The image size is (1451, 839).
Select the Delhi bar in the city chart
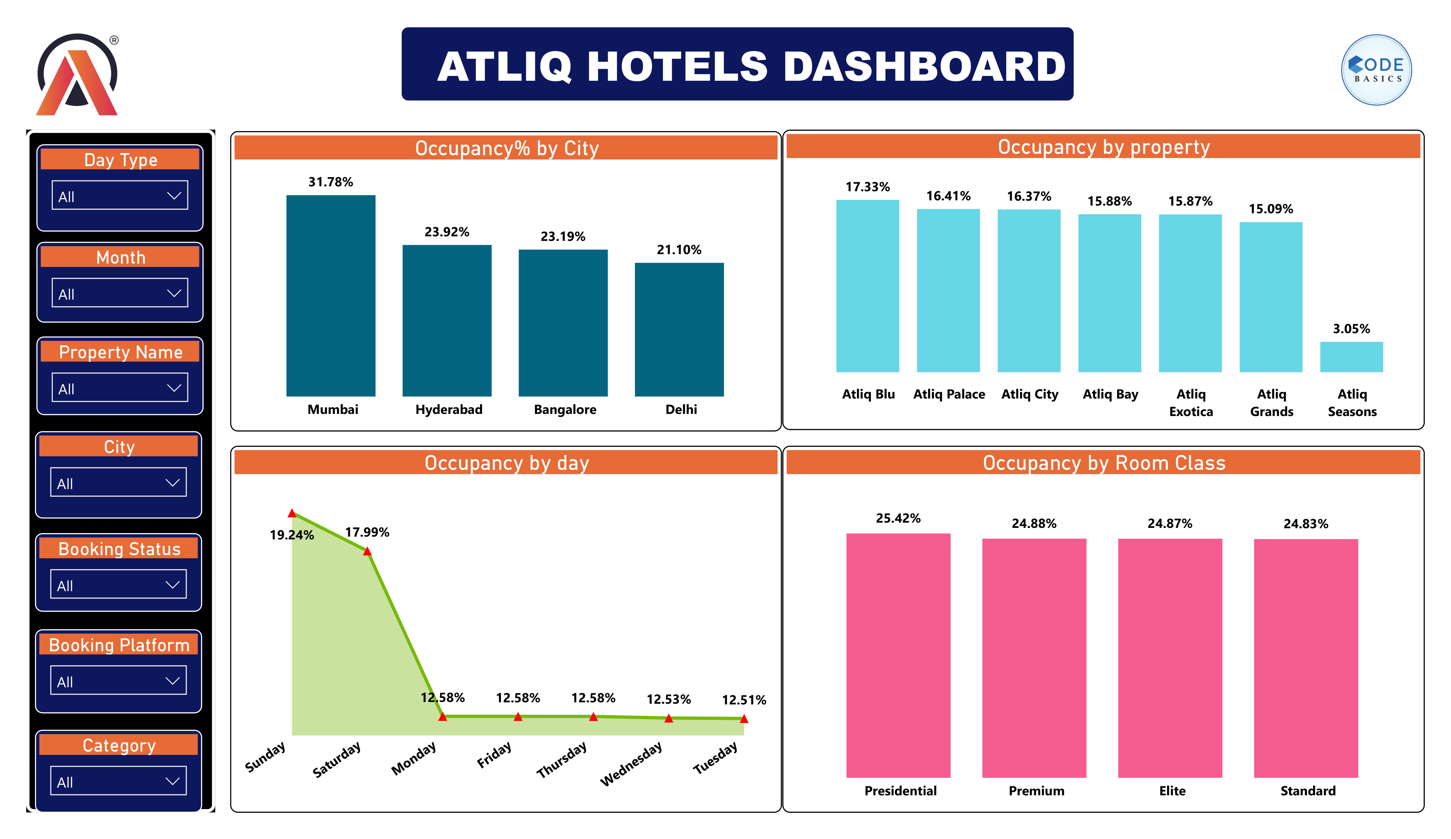679,329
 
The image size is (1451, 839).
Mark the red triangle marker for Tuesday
744,719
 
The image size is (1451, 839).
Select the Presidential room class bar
898,655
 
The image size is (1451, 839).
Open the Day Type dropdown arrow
174,196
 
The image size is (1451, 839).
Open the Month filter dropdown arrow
174,293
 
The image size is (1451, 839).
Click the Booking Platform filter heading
119,645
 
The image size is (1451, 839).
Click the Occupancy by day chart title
506,463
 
